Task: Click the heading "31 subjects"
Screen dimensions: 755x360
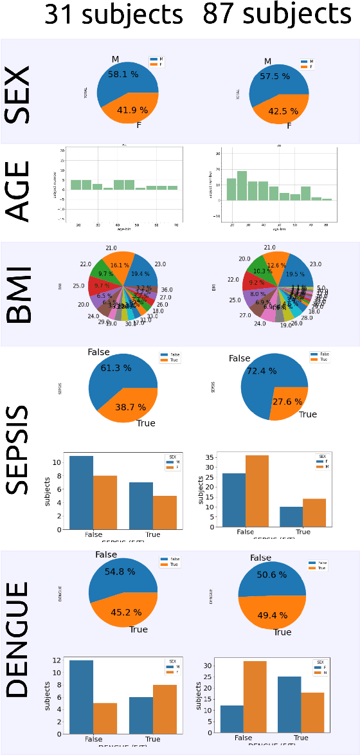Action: (x=113, y=14)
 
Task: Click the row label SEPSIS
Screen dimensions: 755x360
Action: (x=17, y=450)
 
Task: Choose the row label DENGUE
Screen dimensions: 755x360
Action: (x=17, y=640)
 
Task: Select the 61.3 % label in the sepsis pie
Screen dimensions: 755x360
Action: (x=116, y=368)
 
